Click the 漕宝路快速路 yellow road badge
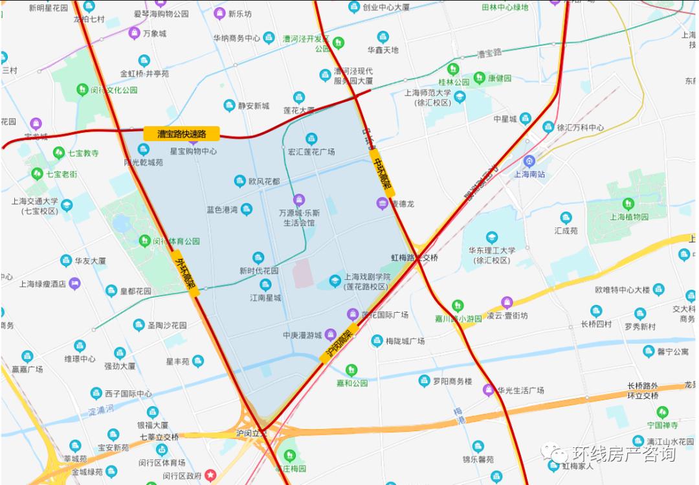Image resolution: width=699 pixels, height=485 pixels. (182, 134)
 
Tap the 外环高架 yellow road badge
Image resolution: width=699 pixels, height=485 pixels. (186, 273)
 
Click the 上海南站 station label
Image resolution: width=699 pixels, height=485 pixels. (529, 174)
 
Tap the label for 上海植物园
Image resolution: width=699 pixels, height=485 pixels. (629, 217)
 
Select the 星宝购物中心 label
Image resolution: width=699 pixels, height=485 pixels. (193, 151)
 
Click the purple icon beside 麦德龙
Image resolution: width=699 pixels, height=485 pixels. (382, 204)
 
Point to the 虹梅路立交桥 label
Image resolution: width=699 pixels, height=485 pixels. (414, 257)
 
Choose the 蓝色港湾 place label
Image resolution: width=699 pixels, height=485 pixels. (222, 209)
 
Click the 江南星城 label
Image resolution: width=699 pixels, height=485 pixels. (265, 298)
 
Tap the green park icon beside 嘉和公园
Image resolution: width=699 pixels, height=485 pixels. (351, 370)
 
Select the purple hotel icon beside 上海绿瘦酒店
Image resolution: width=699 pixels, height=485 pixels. (75, 283)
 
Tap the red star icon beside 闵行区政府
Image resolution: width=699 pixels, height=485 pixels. (211, 476)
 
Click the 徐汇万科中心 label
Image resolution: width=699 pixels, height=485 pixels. (581, 127)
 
